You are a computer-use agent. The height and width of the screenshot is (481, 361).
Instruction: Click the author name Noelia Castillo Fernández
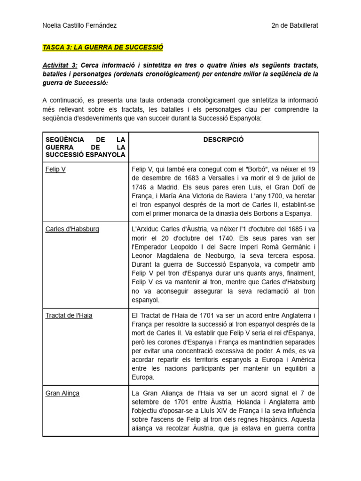79,25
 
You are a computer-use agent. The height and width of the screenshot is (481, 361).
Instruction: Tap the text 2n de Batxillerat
295,25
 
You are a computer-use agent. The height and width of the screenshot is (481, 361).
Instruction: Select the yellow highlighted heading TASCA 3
102,47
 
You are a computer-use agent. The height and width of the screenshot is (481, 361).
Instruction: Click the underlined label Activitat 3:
60,65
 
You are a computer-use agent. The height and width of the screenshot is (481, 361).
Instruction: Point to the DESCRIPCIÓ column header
223,140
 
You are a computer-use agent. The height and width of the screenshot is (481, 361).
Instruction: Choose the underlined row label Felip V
55,169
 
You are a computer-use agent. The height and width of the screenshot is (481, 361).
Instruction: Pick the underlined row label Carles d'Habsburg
72,229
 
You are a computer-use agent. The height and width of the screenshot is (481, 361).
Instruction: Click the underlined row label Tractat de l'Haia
69,315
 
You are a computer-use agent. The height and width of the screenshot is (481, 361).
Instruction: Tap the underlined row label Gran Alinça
63,393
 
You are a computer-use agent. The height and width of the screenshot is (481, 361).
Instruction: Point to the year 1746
141,187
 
